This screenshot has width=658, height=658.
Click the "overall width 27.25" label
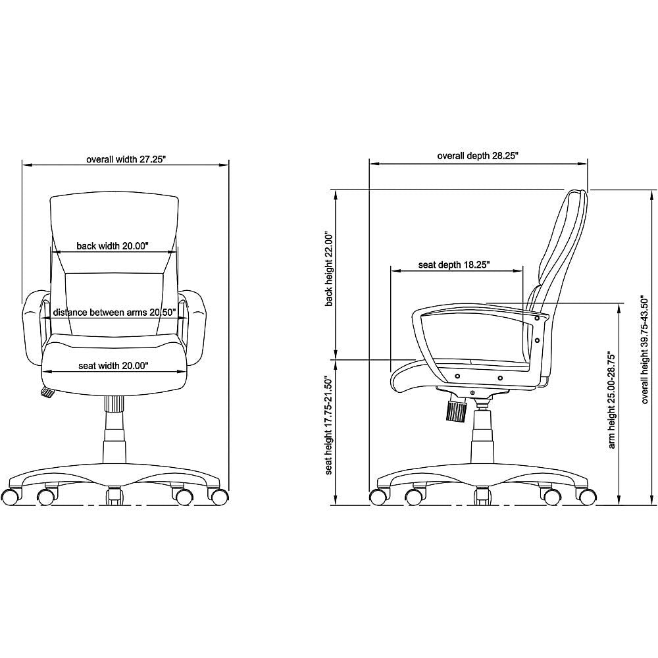point(126,159)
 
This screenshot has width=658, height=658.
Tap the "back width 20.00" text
point(113,246)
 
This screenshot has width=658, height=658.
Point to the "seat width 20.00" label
point(114,365)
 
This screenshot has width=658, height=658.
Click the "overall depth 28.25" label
point(478,156)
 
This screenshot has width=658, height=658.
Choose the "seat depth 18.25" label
point(454,265)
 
